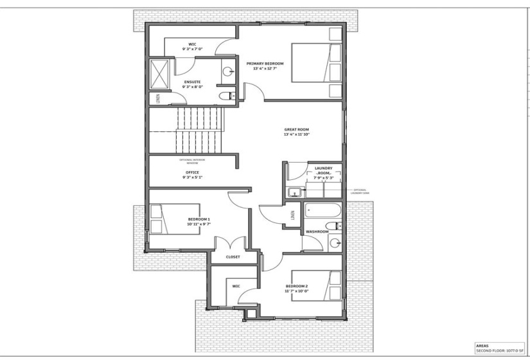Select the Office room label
click(x=192, y=172)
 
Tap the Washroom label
click(x=317, y=231)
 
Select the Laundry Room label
click(x=323, y=171)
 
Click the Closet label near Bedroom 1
click(x=233, y=257)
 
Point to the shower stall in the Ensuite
click(x=160, y=74)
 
